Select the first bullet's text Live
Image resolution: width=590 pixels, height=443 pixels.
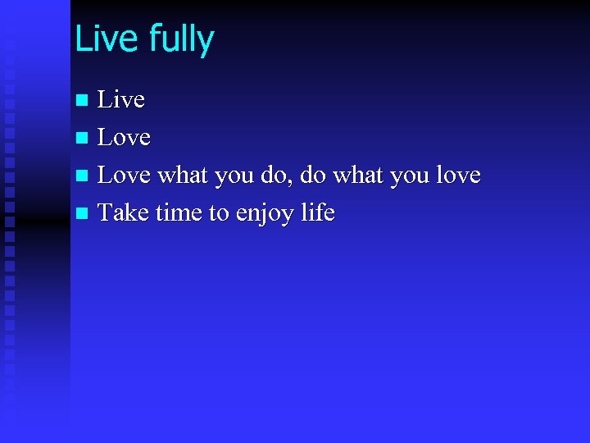pos(121,100)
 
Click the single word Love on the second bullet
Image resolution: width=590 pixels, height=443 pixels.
pos(124,138)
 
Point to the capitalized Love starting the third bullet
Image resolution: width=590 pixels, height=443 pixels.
pos(124,176)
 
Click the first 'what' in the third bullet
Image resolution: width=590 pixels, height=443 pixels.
pos(183,176)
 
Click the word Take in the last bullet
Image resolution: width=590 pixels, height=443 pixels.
pos(124,213)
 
